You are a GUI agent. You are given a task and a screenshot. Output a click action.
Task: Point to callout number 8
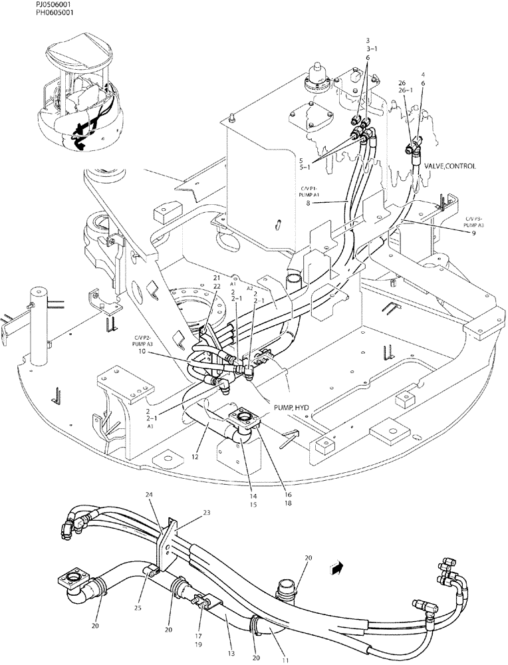click(308, 203)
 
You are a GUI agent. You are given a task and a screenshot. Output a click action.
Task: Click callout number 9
click(473, 233)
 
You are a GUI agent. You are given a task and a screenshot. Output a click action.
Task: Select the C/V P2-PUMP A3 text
click(142, 339)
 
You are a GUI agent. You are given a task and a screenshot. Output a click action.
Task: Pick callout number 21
click(215, 277)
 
